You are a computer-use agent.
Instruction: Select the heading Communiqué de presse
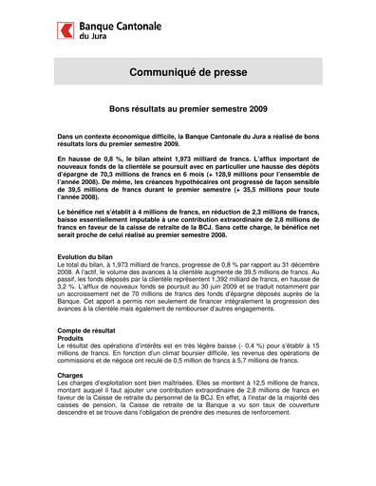point(187,72)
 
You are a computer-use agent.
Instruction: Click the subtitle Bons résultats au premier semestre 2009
point(187,110)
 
